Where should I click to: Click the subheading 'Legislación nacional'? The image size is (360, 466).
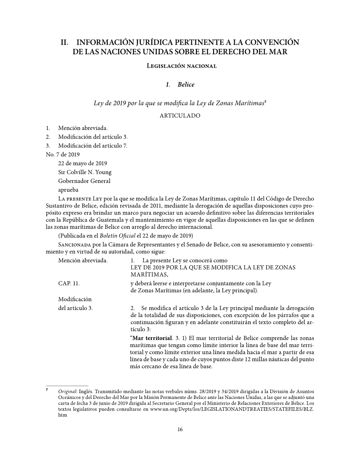(180, 66)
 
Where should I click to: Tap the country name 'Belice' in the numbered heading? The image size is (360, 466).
(186, 84)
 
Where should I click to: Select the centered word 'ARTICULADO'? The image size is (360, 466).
(180, 116)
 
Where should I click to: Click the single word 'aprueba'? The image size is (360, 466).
(69, 190)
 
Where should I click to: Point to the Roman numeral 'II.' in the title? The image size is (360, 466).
(66, 43)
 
